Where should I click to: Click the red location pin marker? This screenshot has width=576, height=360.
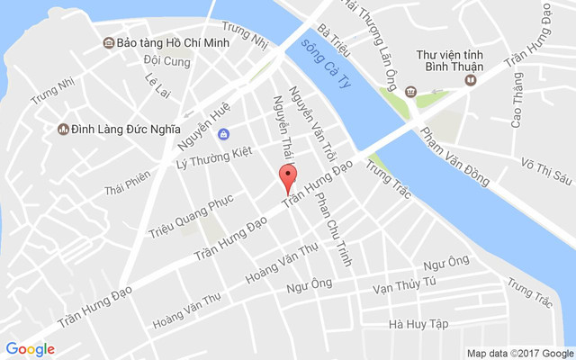pos(287,177)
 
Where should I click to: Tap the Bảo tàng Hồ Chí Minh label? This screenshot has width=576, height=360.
pos(172,42)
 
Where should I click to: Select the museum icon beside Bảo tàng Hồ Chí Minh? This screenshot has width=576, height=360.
pos(108,42)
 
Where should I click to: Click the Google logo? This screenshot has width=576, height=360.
pos(31,349)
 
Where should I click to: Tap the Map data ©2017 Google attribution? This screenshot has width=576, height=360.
pos(519,352)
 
